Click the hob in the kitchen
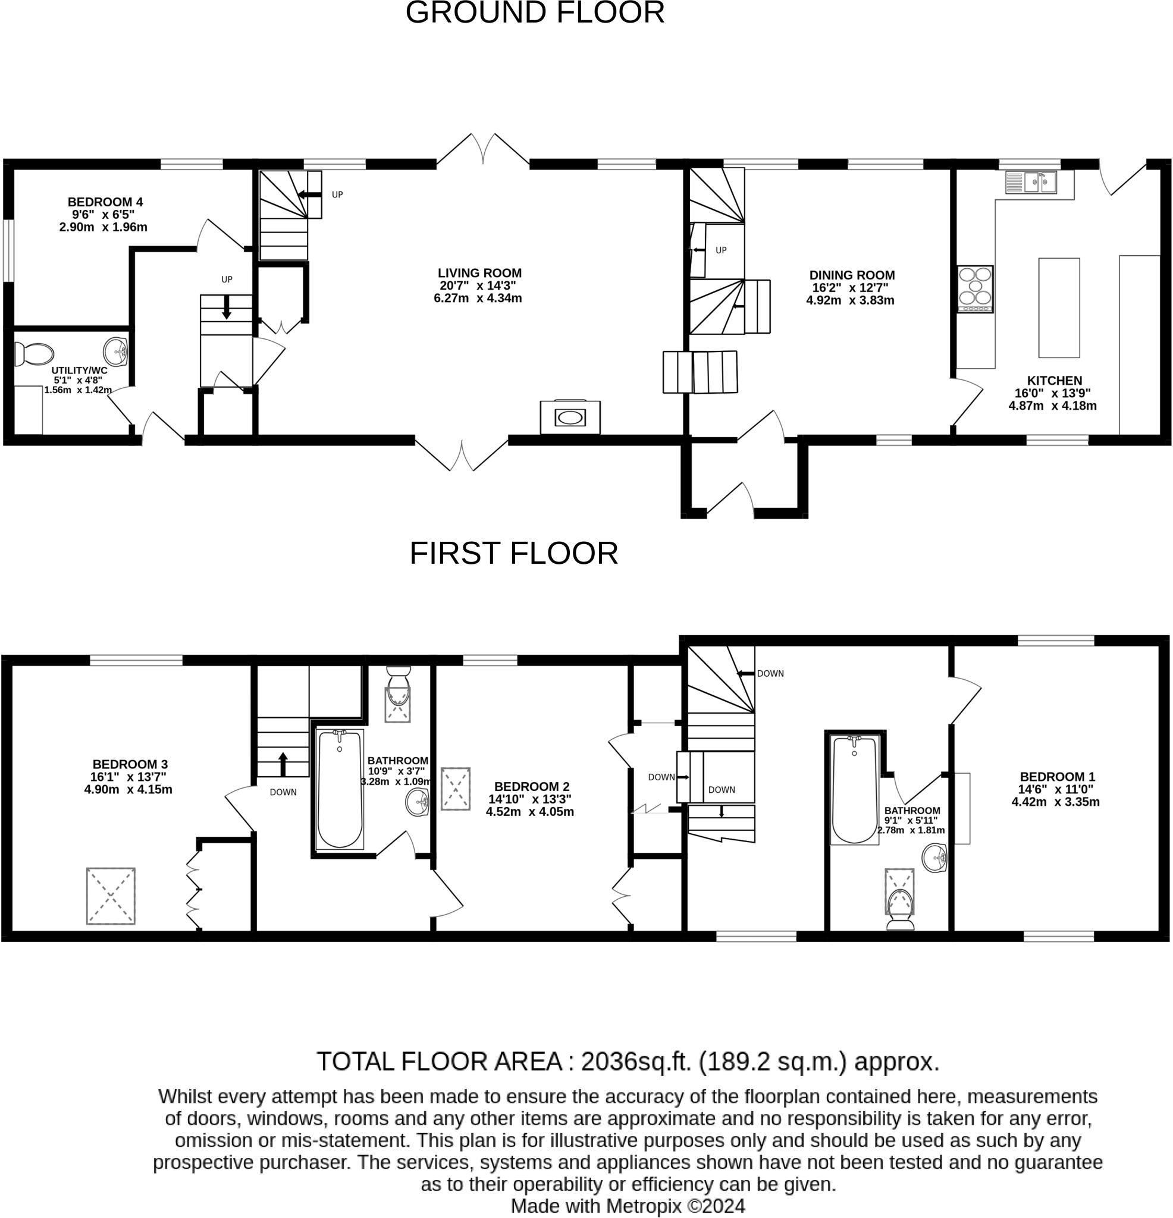pos(975,289)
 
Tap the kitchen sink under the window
pos(1031,182)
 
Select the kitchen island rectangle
pos(1059,307)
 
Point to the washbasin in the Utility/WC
pos(115,351)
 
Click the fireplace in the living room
pos(570,417)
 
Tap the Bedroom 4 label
pos(105,202)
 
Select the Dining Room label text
pos(852,275)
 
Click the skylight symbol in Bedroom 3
pos(111,896)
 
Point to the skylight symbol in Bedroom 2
pos(456,789)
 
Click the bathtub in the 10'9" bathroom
pos(340,789)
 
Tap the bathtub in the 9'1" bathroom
pos(854,790)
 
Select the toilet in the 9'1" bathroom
pos(901,909)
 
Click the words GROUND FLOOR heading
pos(535,12)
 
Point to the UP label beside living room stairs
pos(337,194)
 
